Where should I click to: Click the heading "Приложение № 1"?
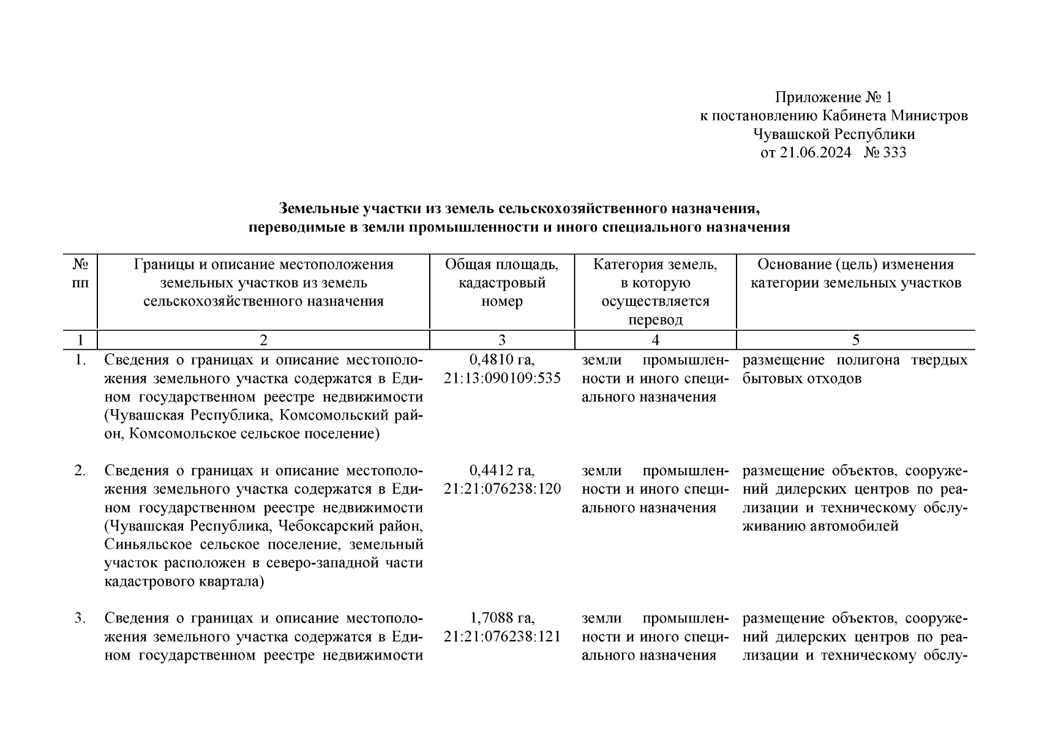(x=834, y=97)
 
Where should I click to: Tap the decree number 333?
(x=895, y=153)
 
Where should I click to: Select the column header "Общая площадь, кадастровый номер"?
(x=501, y=283)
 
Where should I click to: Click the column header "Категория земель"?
(x=655, y=265)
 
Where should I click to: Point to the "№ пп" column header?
(x=80, y=274)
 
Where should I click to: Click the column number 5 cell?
(x=855, y=341)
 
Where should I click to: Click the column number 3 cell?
(x=501, y=341)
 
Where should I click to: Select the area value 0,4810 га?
(x=501, y=360)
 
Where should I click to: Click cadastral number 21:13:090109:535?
(x=501, y=379)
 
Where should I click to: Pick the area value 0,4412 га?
(x=501, y=471)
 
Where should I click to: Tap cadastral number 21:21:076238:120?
(x=501, y=489)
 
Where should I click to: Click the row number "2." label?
(x=80, y=471)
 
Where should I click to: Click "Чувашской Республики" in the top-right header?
(x=834, y=134)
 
